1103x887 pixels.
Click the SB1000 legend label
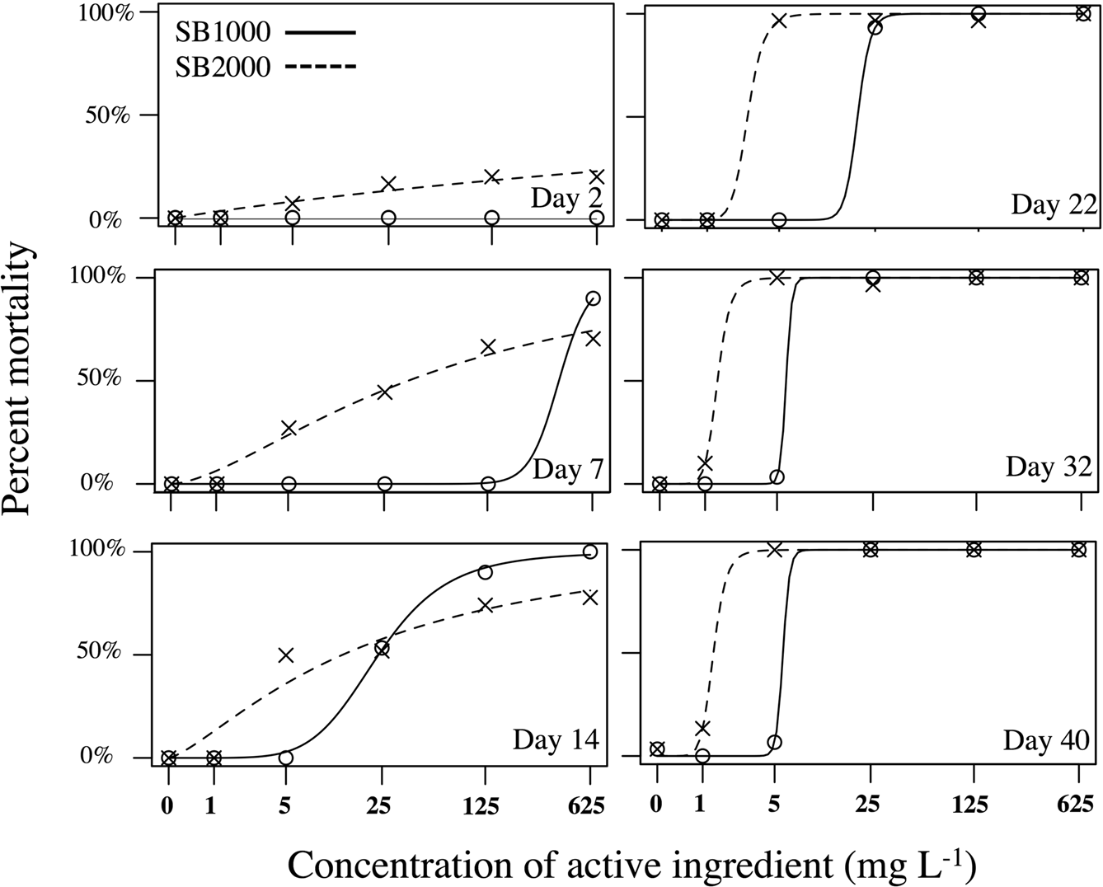(x=223, y=32)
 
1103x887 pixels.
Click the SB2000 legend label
(x=223, y=66)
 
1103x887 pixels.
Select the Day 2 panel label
(x=566, y=199)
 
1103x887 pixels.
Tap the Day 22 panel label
(x=1054, y=204)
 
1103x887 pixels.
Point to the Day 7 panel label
(x=568, y=469)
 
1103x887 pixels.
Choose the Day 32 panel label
(x=1049, y=467)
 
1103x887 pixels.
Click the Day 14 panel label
(x=556, y=739)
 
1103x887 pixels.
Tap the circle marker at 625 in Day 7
(x=592, y=298)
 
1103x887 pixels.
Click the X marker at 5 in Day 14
(x=286, y=655)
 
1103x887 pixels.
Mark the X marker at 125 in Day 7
(x=488, y=347)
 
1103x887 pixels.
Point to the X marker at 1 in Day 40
(x=702, y=728)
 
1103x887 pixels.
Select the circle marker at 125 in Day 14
(x=485, y=572)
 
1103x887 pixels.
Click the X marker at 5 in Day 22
(x=779, y=20)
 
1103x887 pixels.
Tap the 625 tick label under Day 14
(x=589, y=804)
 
